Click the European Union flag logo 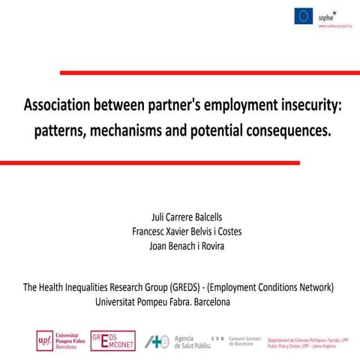[x=303, y=14]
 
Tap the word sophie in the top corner [x=327, y=15]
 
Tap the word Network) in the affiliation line [x=310, y=287]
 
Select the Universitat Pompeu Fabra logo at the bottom [x=61, y=340]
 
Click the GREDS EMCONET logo [x=112, y=340]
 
